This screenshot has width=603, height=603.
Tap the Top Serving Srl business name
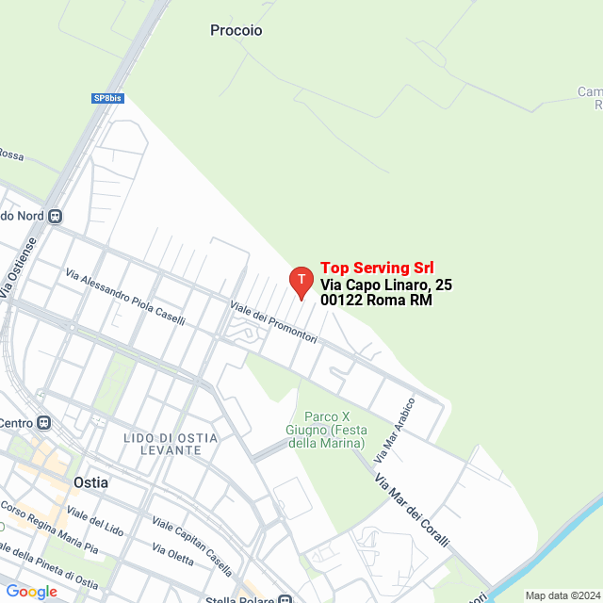coord(377,268)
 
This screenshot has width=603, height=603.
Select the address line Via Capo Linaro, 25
coord(385,285)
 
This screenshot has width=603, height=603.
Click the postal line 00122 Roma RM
coord(376,301)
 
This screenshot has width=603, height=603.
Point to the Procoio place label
coord(236,30)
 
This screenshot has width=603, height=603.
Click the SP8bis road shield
coord(107,98)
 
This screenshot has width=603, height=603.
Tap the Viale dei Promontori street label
coord(273,322)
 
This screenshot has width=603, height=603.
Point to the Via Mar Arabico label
coord(395,436)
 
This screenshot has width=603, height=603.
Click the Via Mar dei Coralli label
coord(412,513)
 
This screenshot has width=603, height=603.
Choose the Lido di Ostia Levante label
coord(170,445)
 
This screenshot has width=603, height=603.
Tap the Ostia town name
coord(90,482)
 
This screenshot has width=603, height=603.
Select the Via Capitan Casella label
coord(191,546)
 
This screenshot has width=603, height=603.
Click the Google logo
coord(31,592)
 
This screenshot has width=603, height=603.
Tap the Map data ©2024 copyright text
coord(562,595)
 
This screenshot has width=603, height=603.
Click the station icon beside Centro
coord(44,422)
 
